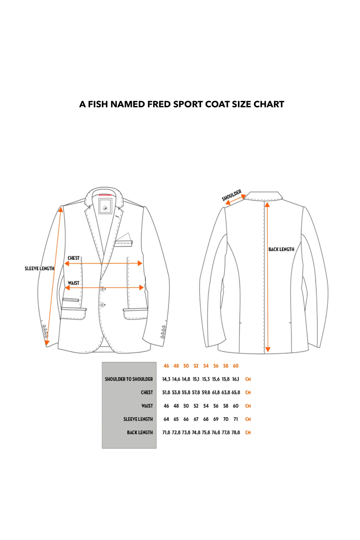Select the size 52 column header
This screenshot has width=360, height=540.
click(x=196, y=366)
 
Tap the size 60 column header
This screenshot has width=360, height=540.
click(x=235, y=366)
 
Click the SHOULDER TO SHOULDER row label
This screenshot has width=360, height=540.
click(x=129, y=379)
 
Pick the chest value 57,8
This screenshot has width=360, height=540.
click(x=196, y=392)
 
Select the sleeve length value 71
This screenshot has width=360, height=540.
click(x=235, y=419)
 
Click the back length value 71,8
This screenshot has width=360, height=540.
click(x=166, y=432)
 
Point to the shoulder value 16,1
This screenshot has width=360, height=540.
click(x=235, y=379)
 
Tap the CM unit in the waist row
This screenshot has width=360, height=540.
click(x=248, y=406)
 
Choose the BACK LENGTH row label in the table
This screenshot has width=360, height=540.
click(x=140, y=432)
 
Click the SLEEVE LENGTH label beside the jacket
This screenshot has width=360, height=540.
click(x=39, y=269)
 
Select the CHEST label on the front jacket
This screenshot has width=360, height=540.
click(x=73, y=258)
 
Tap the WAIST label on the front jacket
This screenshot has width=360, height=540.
click(x=73, y=283)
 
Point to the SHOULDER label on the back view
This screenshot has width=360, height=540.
click(x=231, y=195)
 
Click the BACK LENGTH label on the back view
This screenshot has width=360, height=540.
click(x=282, y=249)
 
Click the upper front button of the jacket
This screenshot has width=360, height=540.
click(x=103, y=289)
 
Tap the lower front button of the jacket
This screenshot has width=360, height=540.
click(x=102, y=305)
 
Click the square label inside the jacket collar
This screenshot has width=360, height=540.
click(x=105, y=206)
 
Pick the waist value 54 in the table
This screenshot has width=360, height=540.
click(x=206, y=406)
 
